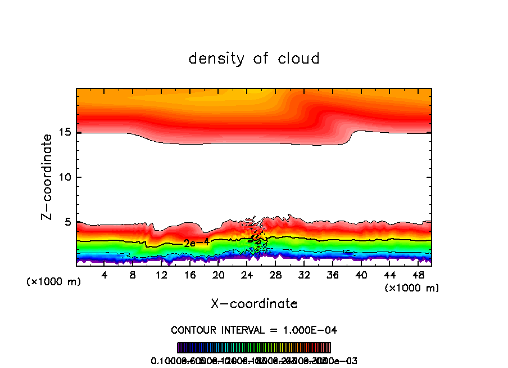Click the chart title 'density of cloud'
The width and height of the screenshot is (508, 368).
[254, 59]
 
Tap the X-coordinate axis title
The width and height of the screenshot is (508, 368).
[254, 304]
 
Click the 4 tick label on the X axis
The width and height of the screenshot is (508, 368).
[105, 275]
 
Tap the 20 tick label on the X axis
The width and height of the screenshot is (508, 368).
[218, 275]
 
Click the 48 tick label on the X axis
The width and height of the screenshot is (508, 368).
[418, 275]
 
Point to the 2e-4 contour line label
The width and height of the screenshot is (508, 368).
[193, 243]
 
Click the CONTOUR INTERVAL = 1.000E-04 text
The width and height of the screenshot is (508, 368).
[254, 330]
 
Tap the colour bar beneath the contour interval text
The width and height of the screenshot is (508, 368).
[254, 348]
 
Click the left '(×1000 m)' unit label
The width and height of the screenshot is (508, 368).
[54, 282]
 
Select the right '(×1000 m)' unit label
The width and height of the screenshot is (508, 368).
[412, 288]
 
